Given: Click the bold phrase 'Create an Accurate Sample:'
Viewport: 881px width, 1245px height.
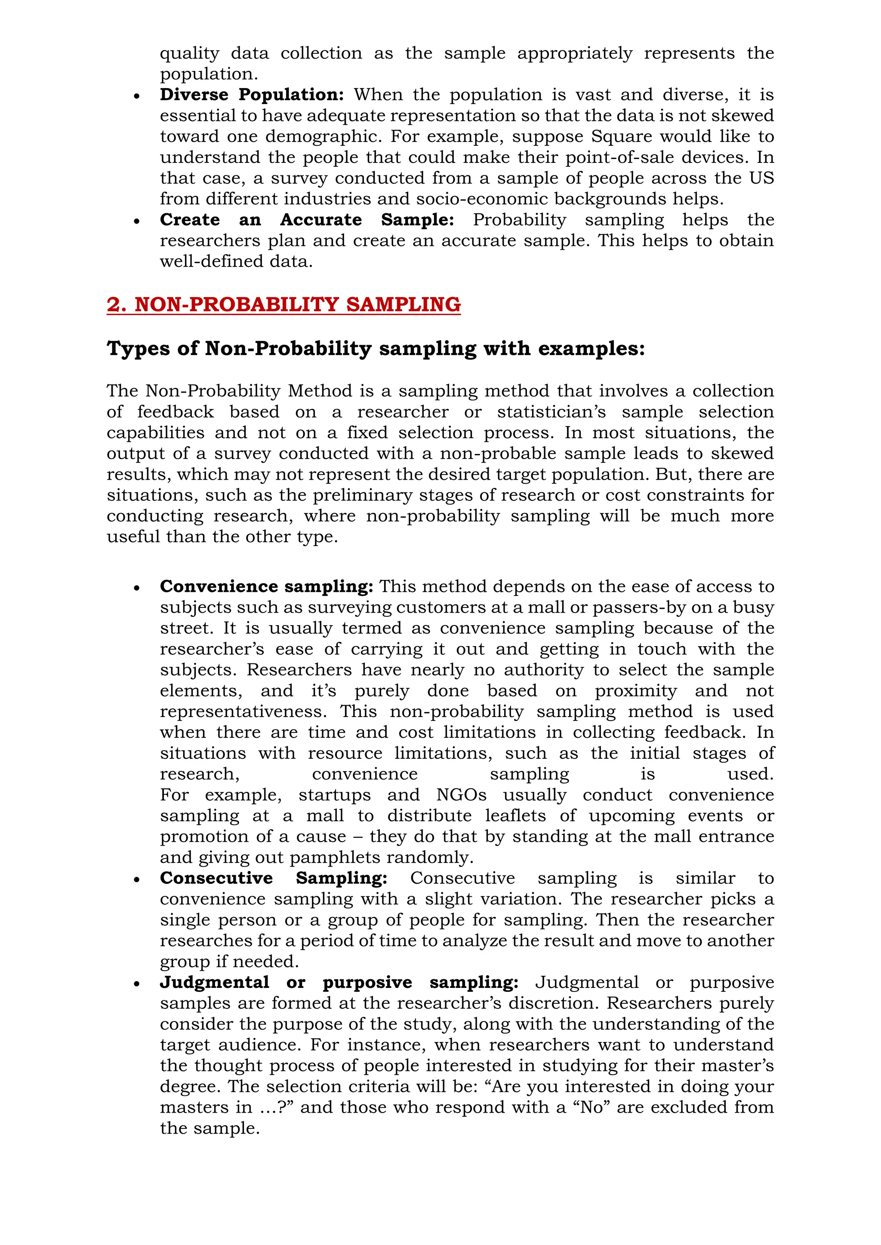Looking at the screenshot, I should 307,220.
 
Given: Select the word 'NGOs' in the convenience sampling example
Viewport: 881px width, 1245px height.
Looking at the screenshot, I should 461,795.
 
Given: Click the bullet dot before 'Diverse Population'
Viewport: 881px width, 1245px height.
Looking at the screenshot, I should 137,96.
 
